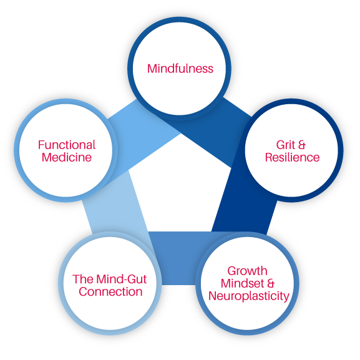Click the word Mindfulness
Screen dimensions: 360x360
(180, 69)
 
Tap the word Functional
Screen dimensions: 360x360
(67, 145)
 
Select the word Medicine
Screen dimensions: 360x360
(67, 157)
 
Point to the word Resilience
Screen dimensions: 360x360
(292, 157)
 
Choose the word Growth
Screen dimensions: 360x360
(247, 271)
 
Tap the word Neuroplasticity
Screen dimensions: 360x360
(249, 296)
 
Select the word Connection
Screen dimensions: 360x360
(110, 292)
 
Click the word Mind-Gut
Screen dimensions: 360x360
(122, 280)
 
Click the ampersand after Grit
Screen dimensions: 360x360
(302, 145)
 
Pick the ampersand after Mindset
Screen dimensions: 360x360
(271, 283)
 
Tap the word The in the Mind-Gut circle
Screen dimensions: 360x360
(83, 280)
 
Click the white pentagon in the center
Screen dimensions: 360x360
(180, 186)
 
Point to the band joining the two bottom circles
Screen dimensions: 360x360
(178, 258)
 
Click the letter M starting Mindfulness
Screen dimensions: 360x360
(152, 69)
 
